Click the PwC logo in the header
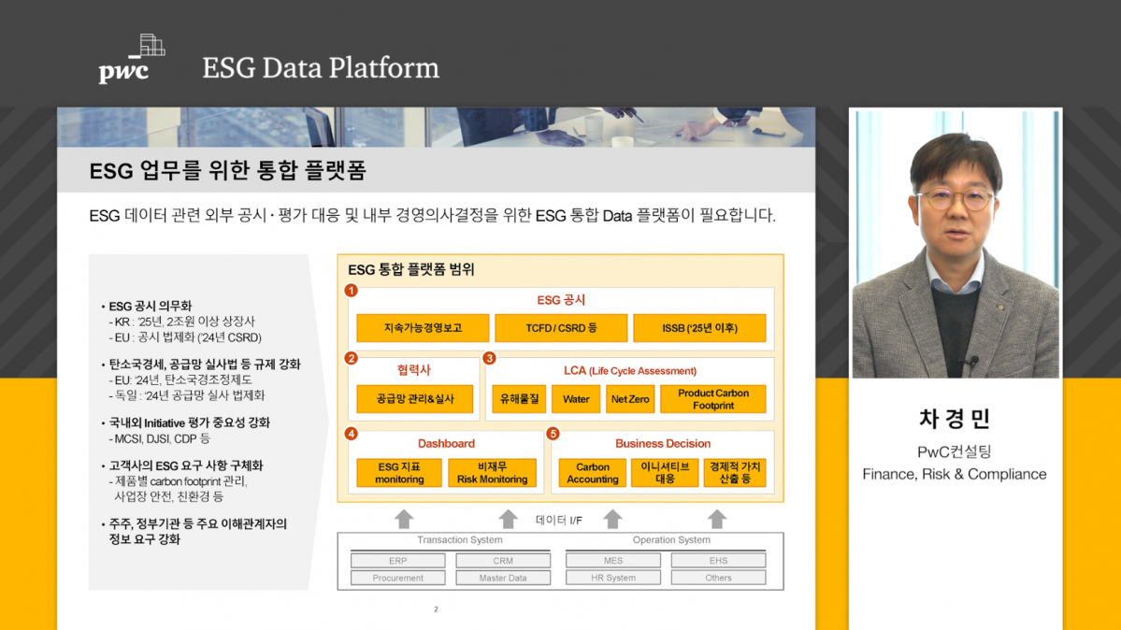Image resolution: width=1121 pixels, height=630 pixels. click(131, 60)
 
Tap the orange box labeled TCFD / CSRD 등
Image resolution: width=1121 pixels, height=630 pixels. click(561, 328)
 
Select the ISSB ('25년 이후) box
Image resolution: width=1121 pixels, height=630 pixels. click(699, 328)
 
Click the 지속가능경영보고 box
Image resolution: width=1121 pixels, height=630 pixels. click(423, 328)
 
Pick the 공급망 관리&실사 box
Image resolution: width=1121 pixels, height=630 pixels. click(415, 399)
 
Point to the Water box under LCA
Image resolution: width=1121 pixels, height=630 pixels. click(576, 399)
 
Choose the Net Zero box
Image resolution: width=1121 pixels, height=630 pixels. click(630, 399)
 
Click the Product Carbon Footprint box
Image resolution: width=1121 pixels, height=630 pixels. click(713, 399)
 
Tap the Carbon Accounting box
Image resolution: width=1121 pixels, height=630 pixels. click(593, 473)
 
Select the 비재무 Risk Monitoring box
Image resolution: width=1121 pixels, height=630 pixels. click(492, 473)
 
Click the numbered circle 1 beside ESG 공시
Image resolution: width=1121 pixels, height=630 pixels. click(352, 291)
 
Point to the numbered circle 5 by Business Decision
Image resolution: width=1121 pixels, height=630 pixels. click(553, 434)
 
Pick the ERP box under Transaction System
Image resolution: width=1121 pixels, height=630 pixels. click(398, 561)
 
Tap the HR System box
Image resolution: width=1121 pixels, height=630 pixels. click(613, 578)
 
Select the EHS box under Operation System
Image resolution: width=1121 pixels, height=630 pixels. click(718, 561)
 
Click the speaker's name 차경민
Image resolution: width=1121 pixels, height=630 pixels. click(955, 419)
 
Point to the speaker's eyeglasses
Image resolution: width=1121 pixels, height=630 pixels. click(954, 199)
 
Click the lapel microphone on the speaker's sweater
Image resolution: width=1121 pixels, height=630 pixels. click(972, 361)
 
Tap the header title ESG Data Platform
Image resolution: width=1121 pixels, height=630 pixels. click(321, 68)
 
